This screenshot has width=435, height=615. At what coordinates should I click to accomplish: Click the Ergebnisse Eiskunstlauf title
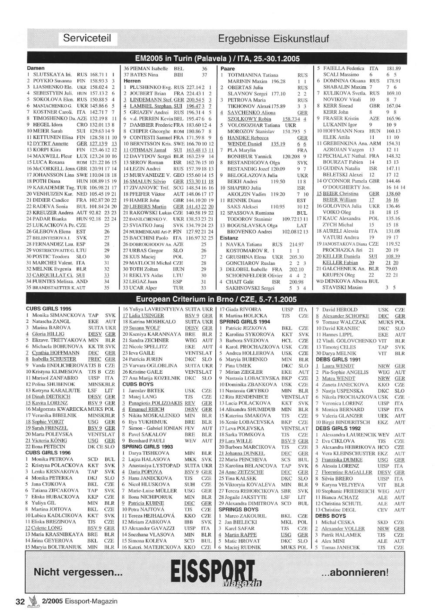point(273,39)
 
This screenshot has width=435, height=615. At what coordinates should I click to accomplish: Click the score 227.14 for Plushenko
point(194,87)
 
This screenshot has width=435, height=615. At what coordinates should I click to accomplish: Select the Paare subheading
point(228,69)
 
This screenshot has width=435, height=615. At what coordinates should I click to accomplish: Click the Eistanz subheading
point(229,238)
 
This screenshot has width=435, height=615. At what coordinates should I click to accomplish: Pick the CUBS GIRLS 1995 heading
point(48,309)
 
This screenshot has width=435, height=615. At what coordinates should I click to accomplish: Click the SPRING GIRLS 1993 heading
point(147,446)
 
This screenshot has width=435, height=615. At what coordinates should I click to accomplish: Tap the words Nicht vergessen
point(78,572)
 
